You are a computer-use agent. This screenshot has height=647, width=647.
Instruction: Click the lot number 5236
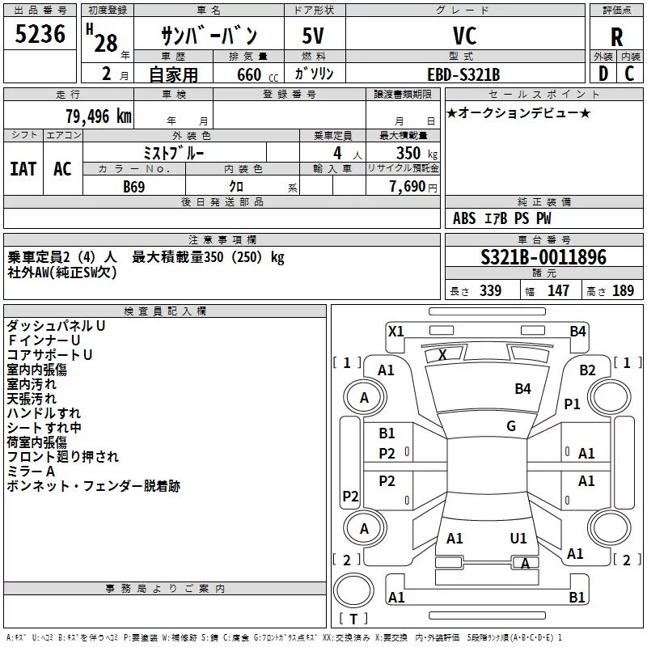[x=40, y=34]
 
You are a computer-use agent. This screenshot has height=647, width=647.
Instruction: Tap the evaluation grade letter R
[x=616, y=37]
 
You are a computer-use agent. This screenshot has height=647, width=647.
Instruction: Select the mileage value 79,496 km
[x=99, y=116]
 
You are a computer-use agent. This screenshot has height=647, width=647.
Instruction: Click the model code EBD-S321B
[x=463, y=74]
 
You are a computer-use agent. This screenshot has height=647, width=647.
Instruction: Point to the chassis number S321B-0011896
[x=543, y=257]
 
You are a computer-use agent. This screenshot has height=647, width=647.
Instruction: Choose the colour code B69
[x=134, y=187]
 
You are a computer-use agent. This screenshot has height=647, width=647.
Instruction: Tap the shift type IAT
[x=23, y=169]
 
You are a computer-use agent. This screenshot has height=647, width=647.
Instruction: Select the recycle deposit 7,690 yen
[x=413, y=187]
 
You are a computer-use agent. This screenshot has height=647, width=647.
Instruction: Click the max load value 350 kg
[x=417, y=153]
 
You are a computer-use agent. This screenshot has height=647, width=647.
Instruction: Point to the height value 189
[x=623, y=290]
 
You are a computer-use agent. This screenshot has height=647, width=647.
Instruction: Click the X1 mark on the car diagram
[x=396, y=332]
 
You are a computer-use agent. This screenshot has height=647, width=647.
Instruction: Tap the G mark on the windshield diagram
[x=511, y=425]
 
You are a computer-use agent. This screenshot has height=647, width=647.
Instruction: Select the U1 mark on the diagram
[x=518, y=538]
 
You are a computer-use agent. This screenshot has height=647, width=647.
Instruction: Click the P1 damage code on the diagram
[x=573, y=404]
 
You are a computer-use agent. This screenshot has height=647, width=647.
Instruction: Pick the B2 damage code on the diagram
[x=588, y=370]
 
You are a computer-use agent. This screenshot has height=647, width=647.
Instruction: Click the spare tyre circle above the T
[x=353, y=590]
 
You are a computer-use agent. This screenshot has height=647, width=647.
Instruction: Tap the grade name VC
[x=464, y=36]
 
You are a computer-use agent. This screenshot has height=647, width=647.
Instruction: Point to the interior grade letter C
[x=629, y=74]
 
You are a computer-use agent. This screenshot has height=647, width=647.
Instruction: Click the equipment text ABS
[x=464, y=218]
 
